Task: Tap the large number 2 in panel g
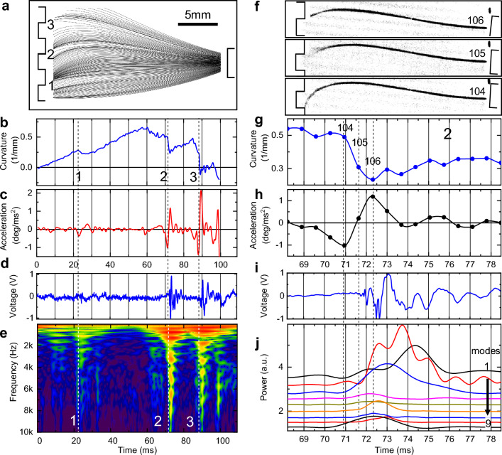pyautogui.click(x=448, y=133)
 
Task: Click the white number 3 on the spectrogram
pyautogui.click(x=190, y=422)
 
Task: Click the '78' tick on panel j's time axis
pyautogui.click(x=489, y=441)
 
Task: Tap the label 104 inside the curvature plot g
pyautogui.click(x=344, y=128)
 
